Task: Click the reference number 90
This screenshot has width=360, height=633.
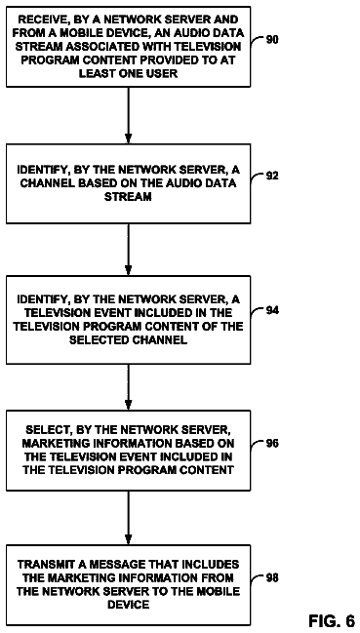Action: coord(272,40)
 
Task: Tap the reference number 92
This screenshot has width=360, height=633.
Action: coord(272,176)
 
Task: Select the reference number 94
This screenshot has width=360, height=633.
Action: coord(272,310)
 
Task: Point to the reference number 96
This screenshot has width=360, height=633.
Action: coord(272,443)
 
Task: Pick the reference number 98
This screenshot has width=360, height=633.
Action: coord(272,578)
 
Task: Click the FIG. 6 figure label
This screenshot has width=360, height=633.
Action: coord(332,620)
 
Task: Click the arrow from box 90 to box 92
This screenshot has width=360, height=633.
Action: coord(128,115)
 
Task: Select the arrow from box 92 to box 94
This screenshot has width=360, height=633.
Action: coord(128,250)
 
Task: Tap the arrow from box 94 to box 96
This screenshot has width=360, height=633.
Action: coord(128,387)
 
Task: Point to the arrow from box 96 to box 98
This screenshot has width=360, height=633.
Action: coord(128,518)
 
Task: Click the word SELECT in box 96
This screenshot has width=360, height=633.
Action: coord(45,429)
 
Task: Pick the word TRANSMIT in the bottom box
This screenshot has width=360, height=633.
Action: coord(42,564)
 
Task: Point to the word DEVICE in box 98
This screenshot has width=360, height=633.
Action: coord(128,604)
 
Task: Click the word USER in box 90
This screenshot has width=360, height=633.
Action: coord(164,74)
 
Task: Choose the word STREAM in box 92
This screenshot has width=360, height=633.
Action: coord(128,197)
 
